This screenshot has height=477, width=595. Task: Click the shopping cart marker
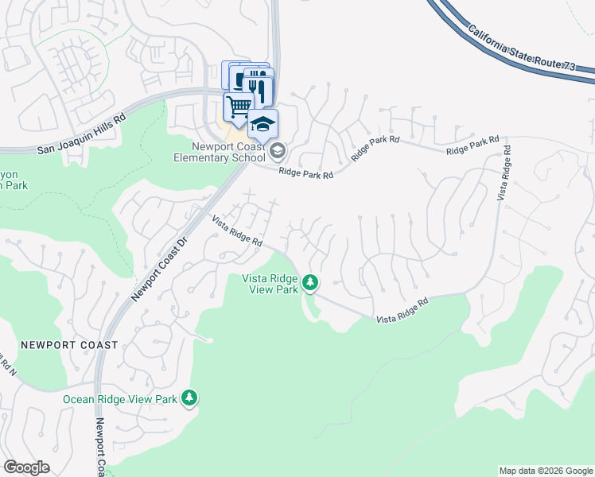pyautogui.click(x=238, y=105)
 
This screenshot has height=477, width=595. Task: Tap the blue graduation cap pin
pyautogui.click(x=262, y=124)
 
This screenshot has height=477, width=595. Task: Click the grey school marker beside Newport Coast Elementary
pyautogui.click(x=278, y=150)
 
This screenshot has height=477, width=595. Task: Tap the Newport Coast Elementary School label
pyautogui.click(x=220, y=151)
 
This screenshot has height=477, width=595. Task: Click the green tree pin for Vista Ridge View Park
pyautogui.click(x=310, y=282)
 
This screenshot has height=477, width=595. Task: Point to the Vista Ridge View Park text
pyautogui.click(x=270, y=283)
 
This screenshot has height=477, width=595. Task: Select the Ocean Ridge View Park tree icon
pyautogui.click(x=189, y=397)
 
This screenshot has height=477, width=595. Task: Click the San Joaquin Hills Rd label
pyautogui.click(x=82, y=133)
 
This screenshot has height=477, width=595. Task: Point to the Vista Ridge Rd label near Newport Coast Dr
pyautogui.click(x=237, y=229)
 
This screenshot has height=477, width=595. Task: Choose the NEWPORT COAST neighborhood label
pyautogui.click(x=69, y=345)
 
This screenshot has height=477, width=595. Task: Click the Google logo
pyautogui.click(x=26, y=467)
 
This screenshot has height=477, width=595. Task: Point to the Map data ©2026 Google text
pyautogui.click(x=545, y=471)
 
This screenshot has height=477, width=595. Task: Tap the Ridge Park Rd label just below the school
pyautogui.click(x=305, y=173)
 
